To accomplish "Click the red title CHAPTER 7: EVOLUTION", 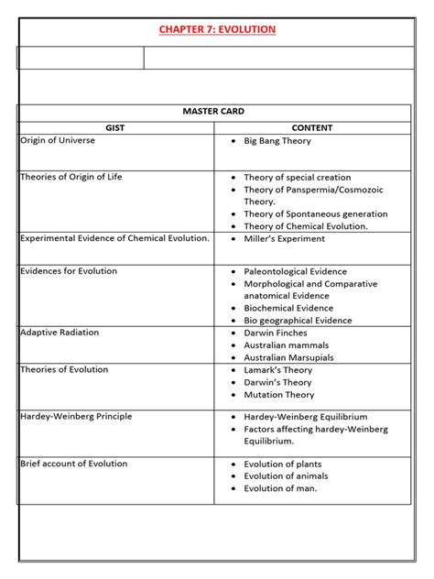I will click(x=217, y=30).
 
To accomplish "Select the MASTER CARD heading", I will click(x=217, y=111).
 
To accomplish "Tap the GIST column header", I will click(x=115, y=128).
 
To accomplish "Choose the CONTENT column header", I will click(x=312, y=128).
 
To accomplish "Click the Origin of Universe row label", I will click(x=58, y=141).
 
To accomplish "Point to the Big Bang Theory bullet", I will click(x=277, y=141).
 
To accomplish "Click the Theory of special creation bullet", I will click(x=297, y=178).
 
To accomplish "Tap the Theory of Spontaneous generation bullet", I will click(x=315, y=214).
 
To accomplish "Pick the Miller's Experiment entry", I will click(x=284, y=239).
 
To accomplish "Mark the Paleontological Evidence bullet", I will click(x=295, y=272).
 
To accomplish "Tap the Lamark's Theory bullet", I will click(x=277, y=370).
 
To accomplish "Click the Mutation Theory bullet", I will click(x=278, y=395).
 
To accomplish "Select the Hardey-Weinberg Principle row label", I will click(x=76, y=417).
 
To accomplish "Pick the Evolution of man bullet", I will click(x=280, y=488).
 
